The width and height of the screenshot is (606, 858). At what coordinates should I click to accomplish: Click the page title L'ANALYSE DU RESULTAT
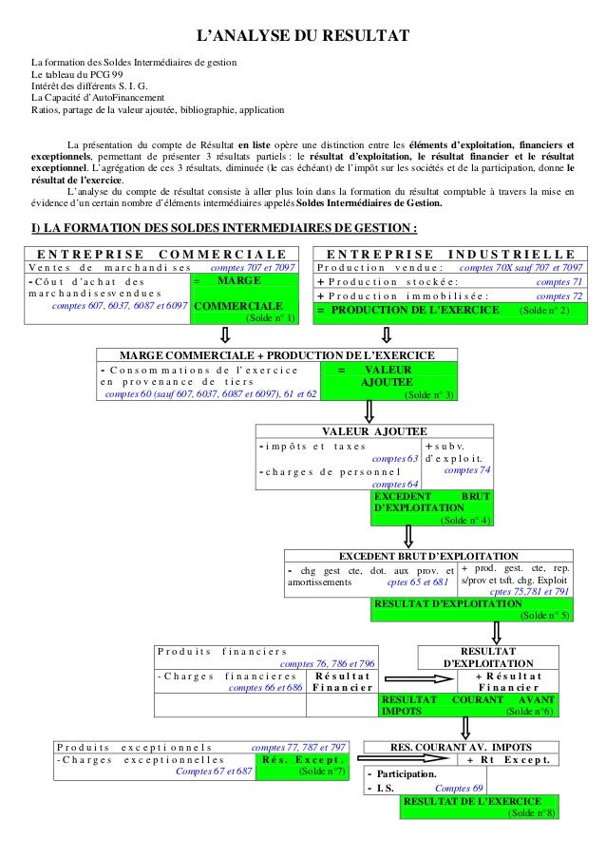tap(302, 36)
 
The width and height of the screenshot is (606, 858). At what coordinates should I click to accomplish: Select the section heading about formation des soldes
tap(225, 228)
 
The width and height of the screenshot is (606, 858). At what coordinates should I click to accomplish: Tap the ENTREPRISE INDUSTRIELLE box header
tap(450, 254)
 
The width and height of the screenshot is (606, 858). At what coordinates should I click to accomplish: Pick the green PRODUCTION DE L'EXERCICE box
tap(449, 310)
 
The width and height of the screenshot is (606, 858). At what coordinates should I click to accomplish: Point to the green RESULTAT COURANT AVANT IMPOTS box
tap(469, 704)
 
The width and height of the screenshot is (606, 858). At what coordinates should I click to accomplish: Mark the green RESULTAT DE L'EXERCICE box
tap(480, 807)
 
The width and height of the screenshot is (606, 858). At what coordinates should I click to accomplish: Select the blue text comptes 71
tap(559, 282)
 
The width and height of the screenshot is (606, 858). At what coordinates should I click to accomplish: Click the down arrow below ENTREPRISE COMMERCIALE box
tap(225, 335)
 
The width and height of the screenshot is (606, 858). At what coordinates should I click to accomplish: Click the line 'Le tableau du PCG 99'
tap(77, 74)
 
